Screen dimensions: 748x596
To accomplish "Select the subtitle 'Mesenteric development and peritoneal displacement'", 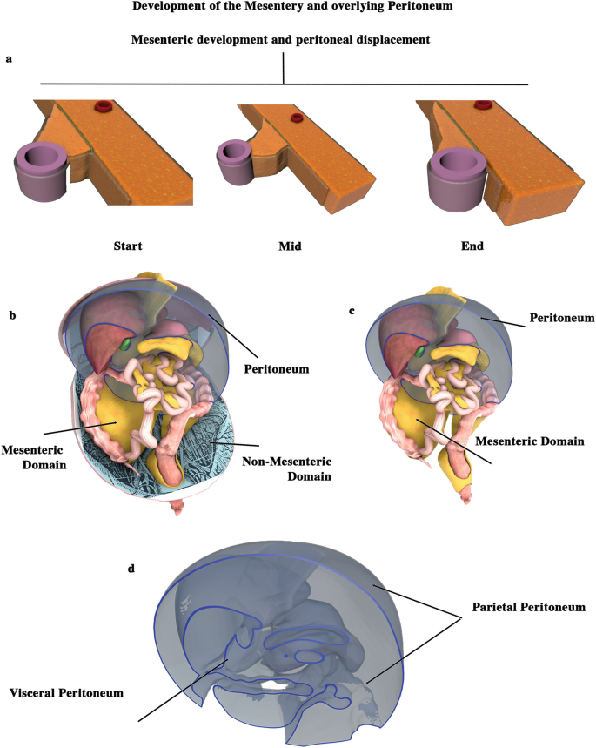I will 284,39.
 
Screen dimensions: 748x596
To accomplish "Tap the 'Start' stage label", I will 129,246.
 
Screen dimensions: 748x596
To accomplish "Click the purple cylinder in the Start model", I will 42,170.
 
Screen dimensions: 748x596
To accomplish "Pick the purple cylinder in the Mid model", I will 232,158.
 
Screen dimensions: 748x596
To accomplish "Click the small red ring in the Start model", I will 104,107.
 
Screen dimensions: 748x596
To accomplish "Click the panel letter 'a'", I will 9,59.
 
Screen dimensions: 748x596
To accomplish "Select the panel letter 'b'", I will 13,314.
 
